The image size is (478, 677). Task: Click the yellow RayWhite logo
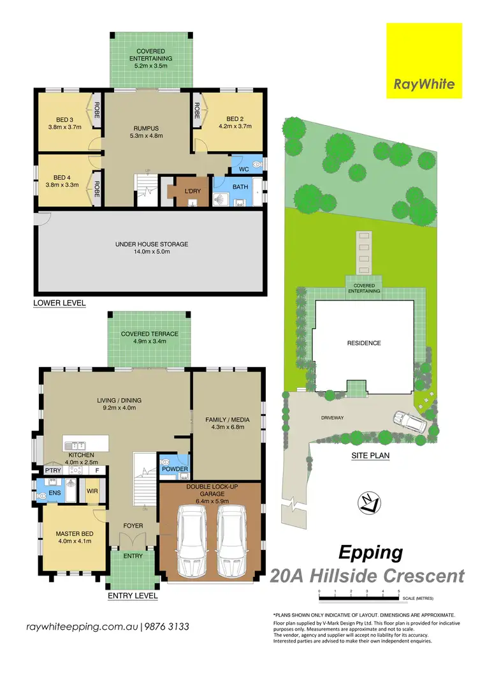click(424, 61)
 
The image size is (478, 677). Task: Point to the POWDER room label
click(175, 469)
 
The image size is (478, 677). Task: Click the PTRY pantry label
click(52, 470)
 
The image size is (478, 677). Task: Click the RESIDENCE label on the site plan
click(363, 343)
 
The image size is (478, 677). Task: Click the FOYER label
click(133, 526)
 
